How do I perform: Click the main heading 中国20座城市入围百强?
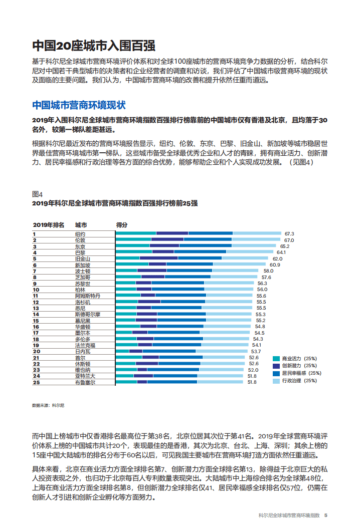[94, 46]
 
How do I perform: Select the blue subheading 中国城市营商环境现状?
[79, 105]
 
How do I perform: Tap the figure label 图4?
[37, 194]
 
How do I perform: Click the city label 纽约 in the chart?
[80, 234]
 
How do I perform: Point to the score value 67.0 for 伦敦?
[289, 240]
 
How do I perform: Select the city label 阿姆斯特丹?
[87, 296]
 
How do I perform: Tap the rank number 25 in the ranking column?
[36, 382]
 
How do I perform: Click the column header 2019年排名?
[49, 225]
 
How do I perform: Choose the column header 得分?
[122, 225]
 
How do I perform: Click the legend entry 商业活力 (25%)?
[299, 359]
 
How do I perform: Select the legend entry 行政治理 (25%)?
[299, 381]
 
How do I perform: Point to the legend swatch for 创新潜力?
[276, 366]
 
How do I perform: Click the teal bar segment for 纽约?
[136, 234]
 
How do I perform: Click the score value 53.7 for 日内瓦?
[256, 352]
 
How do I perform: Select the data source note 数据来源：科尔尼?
[48, 405]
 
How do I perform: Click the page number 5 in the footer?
[325, 515]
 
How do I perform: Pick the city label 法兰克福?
[85, 345]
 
